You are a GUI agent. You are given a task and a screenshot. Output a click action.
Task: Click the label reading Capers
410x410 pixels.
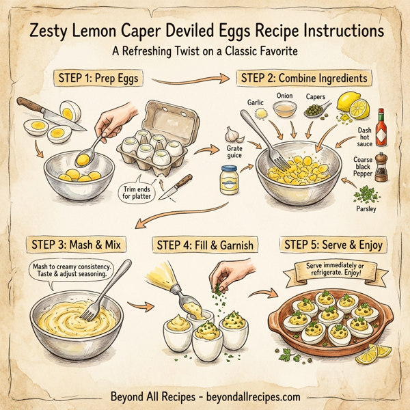click(315, 97)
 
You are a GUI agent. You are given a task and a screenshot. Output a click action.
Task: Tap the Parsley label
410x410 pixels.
click(367, 208)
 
